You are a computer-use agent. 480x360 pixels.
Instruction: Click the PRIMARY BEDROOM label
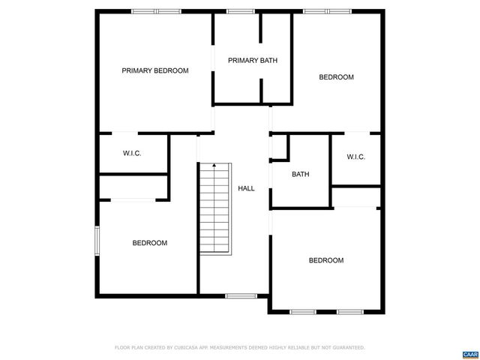pos(155,70)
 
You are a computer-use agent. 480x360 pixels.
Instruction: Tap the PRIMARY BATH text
pos(253,61)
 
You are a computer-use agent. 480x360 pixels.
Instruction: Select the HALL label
pos(246,188)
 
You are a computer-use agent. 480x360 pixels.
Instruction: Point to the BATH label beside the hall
pos(300,175)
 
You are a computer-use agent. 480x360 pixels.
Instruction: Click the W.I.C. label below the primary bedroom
pos(132,153)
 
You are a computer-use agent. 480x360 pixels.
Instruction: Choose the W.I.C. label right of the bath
pos(355,157)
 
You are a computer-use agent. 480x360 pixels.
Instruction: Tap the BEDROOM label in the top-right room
pos(336,77)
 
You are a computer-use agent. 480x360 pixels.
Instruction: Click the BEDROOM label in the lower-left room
pos(150,243)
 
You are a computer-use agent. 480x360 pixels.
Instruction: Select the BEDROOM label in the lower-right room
pos(326,260)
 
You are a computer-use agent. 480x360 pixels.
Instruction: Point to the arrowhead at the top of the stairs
pos(214,165)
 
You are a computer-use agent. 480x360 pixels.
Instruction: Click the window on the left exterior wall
pos(96,242)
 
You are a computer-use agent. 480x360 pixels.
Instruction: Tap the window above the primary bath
pos(239,11)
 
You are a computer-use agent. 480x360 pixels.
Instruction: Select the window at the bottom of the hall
pos(241,295)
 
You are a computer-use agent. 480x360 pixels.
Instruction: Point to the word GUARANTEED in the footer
pos(346,348)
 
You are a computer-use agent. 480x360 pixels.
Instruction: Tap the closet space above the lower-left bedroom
pos(132,187)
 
